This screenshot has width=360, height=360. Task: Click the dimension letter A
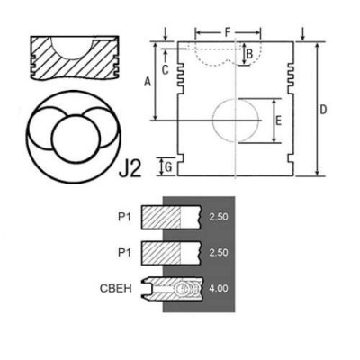(147, 81)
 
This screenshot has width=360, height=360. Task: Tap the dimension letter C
(166, 68)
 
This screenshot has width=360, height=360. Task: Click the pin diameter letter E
(278, 120)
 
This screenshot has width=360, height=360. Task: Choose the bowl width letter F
(229, 31)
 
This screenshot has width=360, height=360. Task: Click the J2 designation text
(131, 166)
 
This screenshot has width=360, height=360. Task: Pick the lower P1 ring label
(126, 254)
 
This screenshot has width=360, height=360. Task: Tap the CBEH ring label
(120, 289)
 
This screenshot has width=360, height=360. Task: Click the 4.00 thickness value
(217, 289)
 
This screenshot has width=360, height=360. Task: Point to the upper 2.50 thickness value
(217, 218)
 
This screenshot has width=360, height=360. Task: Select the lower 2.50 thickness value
(217, 254)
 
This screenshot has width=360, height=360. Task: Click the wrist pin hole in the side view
(236, 121)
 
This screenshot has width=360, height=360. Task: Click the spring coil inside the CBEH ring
(185, 289)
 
